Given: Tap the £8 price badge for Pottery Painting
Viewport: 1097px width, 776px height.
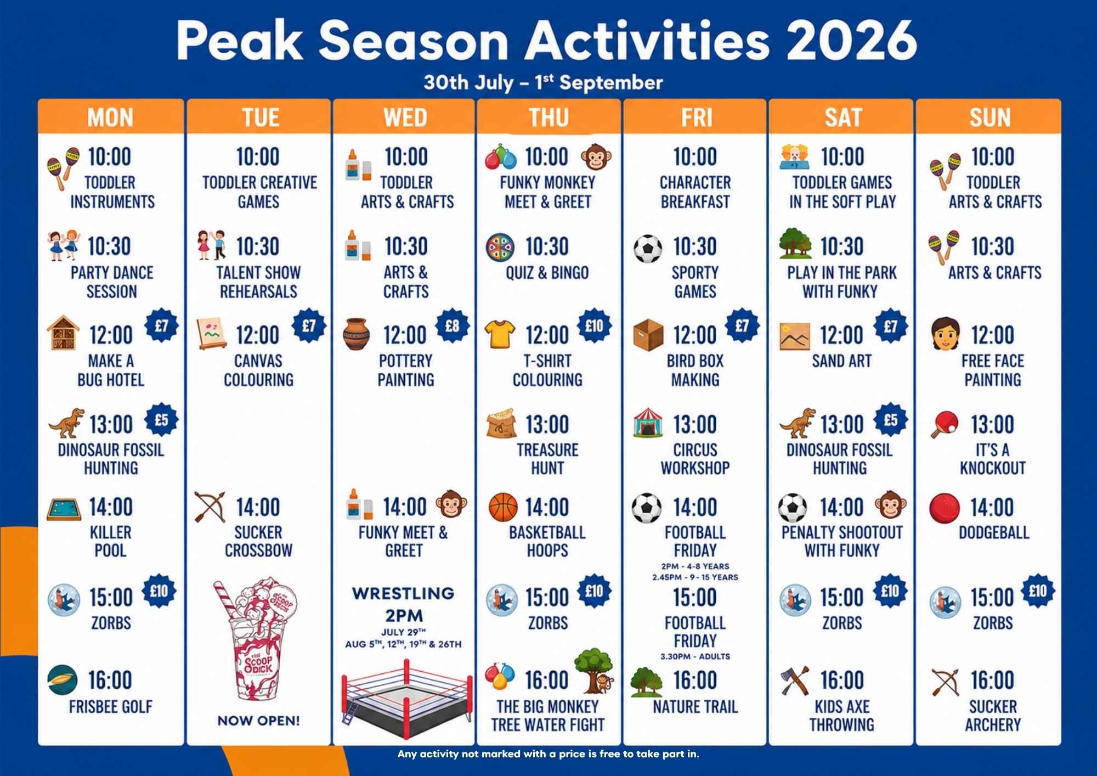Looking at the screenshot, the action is (x=452, y=326).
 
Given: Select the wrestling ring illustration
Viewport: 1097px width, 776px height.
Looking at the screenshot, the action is (x=405, y=691).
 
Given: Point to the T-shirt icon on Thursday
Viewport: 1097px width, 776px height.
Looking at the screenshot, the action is (x=500, y=334).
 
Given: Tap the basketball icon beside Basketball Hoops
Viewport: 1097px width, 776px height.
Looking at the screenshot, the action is (x=503, y=507).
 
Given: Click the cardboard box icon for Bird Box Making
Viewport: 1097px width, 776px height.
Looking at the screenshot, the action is (x=648, y=335).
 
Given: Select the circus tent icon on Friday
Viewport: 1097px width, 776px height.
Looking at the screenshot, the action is (x=648, y=423).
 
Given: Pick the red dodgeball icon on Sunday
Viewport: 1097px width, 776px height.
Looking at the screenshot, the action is (x=944, y=508).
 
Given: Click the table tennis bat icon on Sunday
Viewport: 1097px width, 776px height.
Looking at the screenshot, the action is (x=945, y=424).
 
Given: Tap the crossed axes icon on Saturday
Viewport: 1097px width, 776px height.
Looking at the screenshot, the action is (x=795, y=681).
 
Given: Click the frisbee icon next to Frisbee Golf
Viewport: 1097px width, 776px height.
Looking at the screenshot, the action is (x=63, y=681).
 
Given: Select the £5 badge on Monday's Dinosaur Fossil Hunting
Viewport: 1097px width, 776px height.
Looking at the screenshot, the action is (x=161, y=420).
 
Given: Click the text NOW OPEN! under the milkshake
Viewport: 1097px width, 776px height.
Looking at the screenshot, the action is (x=259, y=721).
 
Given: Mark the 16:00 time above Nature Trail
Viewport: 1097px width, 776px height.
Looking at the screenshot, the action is (x=695, y=681).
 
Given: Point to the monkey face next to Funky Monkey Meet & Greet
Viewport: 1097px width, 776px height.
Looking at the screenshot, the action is (x=596, y=157).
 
